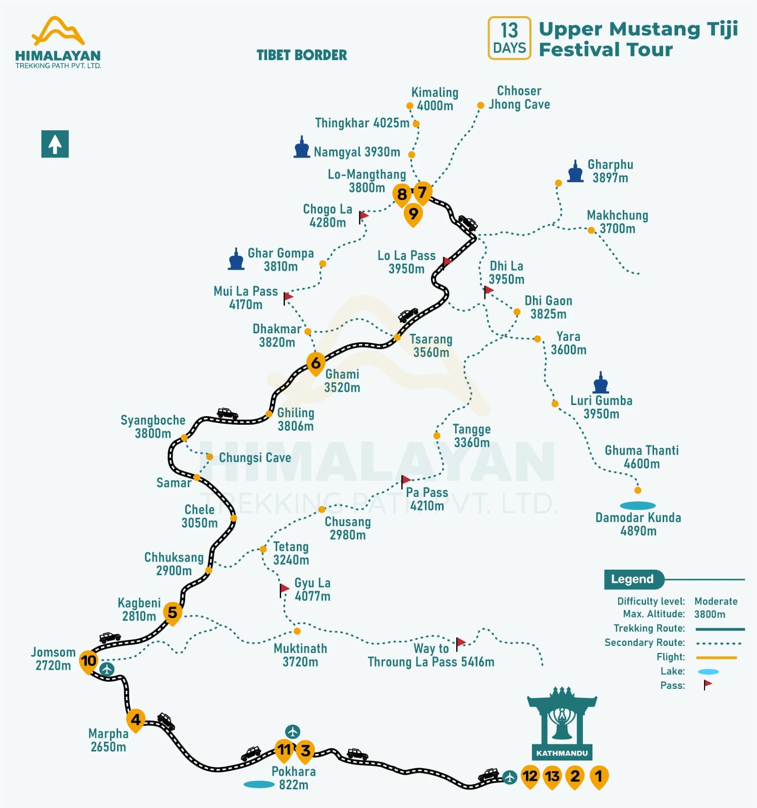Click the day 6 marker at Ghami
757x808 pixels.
[315, 363]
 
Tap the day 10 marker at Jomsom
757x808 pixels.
[88, 661]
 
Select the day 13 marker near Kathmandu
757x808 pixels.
[552, 776]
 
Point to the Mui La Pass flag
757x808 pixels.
[288, 297]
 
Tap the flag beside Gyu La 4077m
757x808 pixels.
[284, 589]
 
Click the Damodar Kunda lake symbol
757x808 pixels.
[637, 506]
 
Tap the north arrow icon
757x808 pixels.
[55, 144]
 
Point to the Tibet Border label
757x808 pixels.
[302, 55]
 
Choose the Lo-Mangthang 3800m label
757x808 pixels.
[367, 181]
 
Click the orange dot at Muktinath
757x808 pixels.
[297, 631]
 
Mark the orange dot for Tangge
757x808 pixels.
[437, 435]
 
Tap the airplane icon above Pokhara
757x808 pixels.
[293, 731]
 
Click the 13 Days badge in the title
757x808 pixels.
[509, 38]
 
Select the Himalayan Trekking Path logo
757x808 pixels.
[58, 42]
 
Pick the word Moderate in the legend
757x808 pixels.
[716, 601]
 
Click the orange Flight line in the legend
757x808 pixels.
[716, 658]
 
